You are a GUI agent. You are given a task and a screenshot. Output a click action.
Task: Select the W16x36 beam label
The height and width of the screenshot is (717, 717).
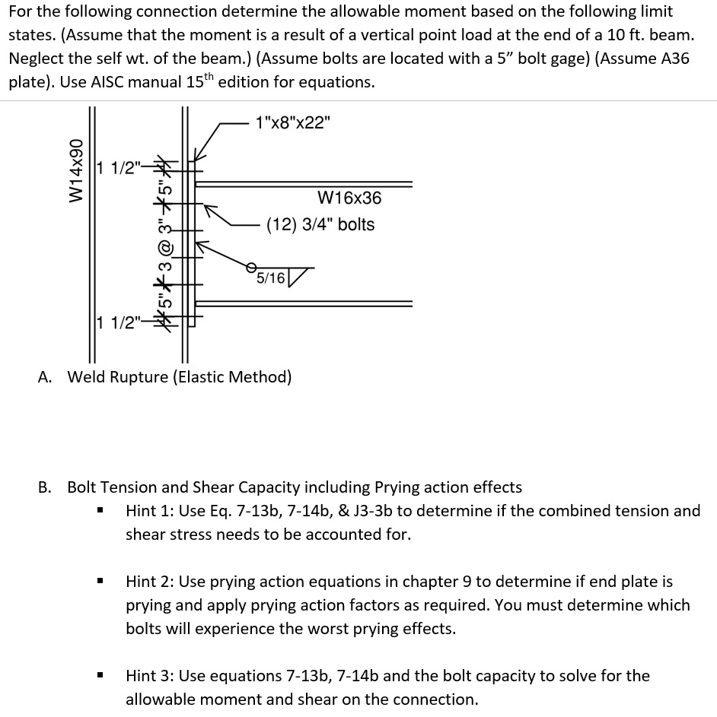pyautogui.click(x=349, y=198)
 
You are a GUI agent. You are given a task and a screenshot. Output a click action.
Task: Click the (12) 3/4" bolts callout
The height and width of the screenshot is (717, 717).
pyautogui.click(x=320, y=224)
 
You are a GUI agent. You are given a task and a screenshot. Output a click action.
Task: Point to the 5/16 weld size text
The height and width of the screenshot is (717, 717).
pyautogui.click(x=271, y=278)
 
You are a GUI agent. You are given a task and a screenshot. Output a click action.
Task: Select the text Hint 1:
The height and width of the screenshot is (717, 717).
pyautogui.click(x=149, y=511)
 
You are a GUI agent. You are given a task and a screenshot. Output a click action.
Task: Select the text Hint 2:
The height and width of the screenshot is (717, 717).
pyautogui.click(x=149, y=582)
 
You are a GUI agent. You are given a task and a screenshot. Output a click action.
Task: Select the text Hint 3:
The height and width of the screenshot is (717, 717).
pyautogui.click(x=149, y=676)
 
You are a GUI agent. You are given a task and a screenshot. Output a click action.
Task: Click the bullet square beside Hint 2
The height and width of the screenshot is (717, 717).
pyautogui.click(x=100, y=582)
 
